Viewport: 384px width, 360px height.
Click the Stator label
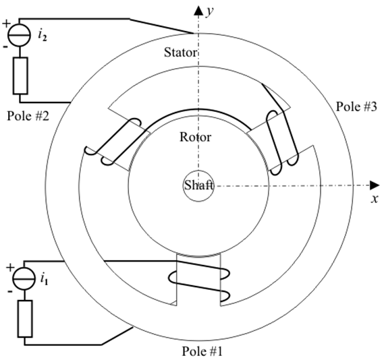[180, 53]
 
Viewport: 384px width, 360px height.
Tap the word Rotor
[195, 137]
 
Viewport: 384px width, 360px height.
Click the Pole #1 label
[202, 351]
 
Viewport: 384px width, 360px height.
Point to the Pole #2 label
[28, 116]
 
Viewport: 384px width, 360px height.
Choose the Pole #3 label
[356, 107]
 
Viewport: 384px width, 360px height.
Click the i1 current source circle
[24, 279]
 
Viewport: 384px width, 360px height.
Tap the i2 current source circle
[20, 35]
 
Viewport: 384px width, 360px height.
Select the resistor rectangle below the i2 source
[20, 76]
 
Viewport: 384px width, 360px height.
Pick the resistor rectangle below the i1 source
[25, 319]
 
